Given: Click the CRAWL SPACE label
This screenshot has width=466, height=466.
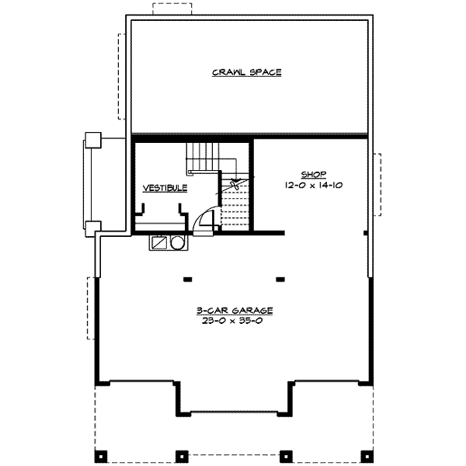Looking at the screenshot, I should [246, 73].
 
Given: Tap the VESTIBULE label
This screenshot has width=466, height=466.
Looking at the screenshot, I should [165, 188].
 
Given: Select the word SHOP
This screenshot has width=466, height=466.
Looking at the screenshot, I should [314, 174].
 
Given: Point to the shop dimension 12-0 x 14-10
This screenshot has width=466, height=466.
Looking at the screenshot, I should [314, 186].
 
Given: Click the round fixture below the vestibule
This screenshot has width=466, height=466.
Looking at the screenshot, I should [178, 243].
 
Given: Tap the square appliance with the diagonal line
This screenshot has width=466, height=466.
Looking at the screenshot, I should [160, 243].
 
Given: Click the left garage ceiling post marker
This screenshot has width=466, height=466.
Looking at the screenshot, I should [188, 279].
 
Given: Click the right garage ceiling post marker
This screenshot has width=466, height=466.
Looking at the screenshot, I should [280, 279].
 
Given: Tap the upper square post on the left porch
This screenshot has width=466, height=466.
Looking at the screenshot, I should [92, 140].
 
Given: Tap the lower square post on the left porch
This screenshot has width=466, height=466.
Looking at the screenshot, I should [92, 228].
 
